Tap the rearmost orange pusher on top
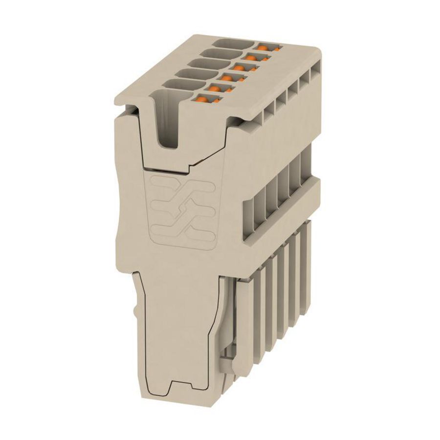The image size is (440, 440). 264,48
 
